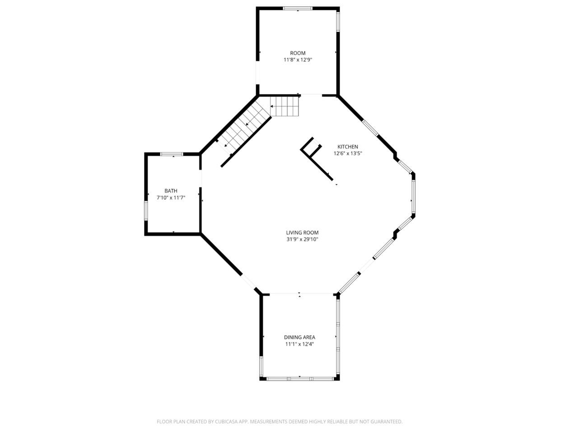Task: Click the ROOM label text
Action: coord(298,53)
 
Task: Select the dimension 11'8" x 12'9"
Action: coord(298,60)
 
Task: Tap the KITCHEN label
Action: coord(348,147)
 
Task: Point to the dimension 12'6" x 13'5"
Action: coord(348,153)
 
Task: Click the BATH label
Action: coord(171,191)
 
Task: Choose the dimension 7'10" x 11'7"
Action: coord(171,198)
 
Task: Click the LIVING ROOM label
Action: coord(302,233)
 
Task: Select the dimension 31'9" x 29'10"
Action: coord(302,240)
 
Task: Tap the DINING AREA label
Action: coord(299,337)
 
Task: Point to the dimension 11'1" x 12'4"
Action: coord(299,344)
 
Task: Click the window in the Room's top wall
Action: coord(297,8)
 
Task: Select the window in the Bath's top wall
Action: coord(172,154)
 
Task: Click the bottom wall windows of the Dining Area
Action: coord(300,378)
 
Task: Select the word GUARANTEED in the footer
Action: coord(386,422)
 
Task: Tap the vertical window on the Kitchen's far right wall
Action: coord(413,197)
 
